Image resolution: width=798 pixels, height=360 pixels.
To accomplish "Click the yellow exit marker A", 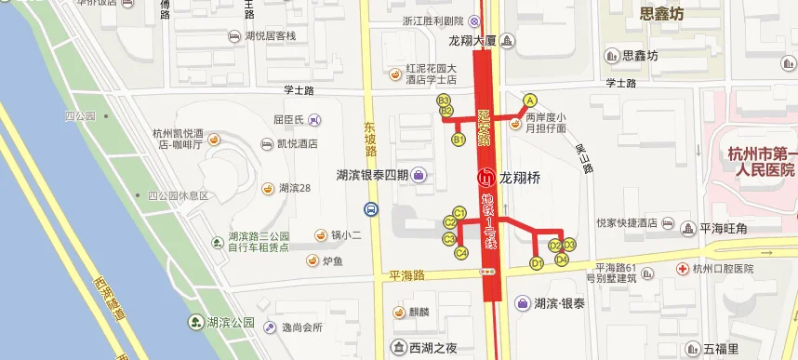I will click(x=531, y=100).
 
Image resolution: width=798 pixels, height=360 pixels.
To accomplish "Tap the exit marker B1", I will click(x=458, y=140).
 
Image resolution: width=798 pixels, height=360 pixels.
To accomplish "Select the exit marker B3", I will click(x=445, y=100).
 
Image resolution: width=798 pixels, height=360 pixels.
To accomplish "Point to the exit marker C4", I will click(x=460, y=252).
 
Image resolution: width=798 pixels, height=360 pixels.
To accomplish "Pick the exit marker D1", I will click(x=537, y=263).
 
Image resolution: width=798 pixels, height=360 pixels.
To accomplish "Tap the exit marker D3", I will click(x=570, y=245).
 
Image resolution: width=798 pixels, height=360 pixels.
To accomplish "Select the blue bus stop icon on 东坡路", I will click(x=371, y=209).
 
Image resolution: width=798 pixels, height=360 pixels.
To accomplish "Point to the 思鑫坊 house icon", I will click(x=612, y=56).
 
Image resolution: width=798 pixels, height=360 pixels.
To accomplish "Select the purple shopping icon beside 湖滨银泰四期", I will click(x=420, y=174).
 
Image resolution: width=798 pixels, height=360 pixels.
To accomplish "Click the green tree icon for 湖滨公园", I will click(x=197, y=323).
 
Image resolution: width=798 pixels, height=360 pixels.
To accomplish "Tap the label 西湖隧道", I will click(x=108, y=297).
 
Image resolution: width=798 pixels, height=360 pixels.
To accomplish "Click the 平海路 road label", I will click(x=406, y=275).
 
